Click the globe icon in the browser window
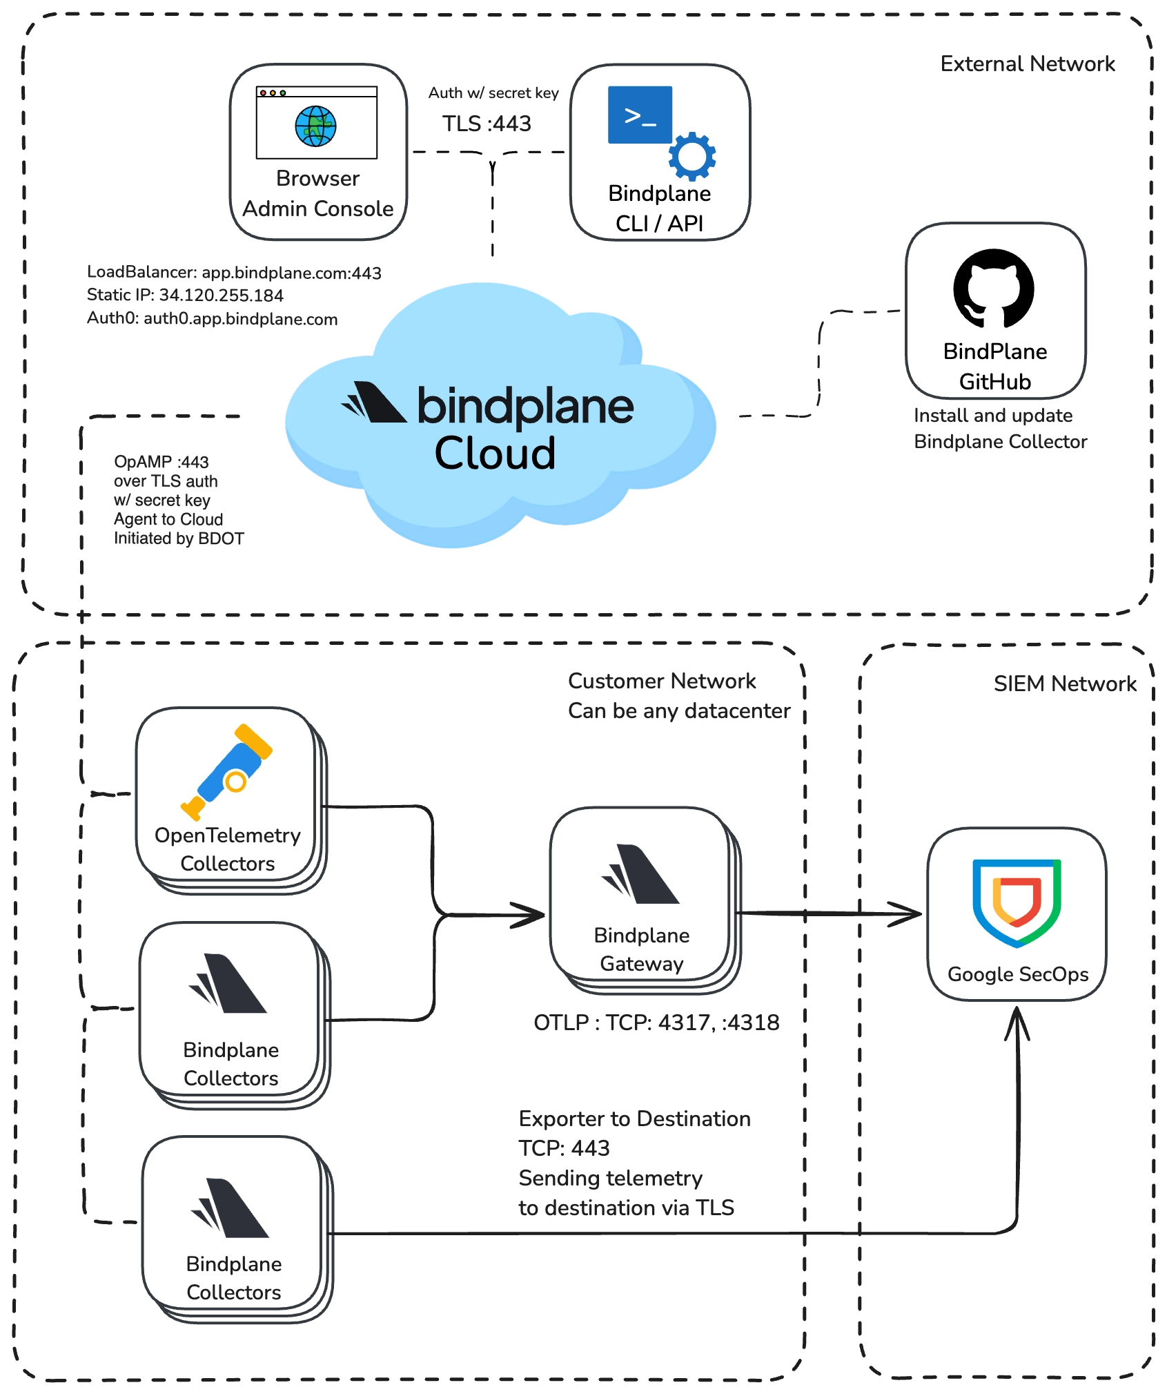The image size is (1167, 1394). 315,126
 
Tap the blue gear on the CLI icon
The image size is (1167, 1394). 692,157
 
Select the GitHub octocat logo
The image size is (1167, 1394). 994,289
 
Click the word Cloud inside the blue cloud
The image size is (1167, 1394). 495,454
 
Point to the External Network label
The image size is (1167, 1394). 1027,64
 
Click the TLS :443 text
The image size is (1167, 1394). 487,124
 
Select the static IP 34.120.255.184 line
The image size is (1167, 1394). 185,296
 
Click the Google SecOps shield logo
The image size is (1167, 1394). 1017,902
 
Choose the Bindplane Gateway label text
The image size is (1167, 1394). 642,949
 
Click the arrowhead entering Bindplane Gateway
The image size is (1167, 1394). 531,916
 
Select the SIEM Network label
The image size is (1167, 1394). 1064,684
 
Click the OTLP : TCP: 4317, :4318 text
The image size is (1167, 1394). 656,1023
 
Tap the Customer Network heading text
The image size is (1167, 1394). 662,681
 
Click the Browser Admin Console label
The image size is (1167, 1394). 318,194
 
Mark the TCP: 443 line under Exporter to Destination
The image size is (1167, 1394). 564,1148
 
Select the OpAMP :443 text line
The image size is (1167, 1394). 161,462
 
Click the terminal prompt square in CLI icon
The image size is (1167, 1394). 639,115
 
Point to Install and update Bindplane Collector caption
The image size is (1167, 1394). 999,428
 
